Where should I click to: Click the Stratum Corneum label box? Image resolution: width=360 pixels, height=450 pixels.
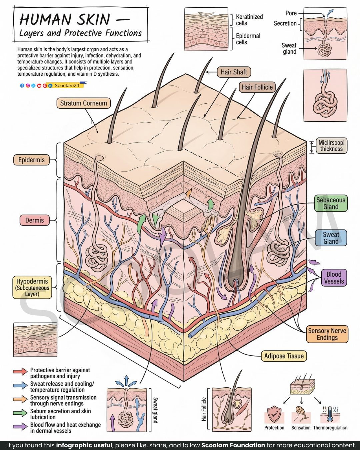pyautogui.click(x=83, y=103)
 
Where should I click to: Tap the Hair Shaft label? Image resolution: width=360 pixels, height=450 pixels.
pyautogui.click(x=234, y=72)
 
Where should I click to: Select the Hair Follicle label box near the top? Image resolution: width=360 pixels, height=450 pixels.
pyautogui.click(x=257, y=87)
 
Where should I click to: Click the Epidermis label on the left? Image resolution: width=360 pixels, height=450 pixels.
pyautogui.click(x=31, y=160)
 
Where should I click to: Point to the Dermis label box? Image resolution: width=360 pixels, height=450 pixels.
pyautogui.click(x=35, y=220)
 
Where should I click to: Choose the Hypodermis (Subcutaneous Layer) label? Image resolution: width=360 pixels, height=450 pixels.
pyautogui.click(x=32, y=288)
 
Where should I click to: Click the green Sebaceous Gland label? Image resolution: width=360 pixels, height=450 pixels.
pyautogui.click(x=331, y=203)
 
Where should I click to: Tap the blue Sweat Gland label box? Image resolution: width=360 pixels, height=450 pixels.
pyautogui.click(x=331, y=238)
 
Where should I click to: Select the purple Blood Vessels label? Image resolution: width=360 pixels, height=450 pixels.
pyautogui.click(x=334, y=277)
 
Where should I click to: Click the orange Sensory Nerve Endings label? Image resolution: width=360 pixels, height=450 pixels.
pyautogui.click(x=327, y=334)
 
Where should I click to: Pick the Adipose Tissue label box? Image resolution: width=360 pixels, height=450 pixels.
pyautogui.click(x=284, y=356)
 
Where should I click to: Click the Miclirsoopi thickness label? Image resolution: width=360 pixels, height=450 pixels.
pyautogui.click(x=331, y=146)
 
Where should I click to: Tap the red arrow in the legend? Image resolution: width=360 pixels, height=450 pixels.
pyautogui.click(x=20, y=371)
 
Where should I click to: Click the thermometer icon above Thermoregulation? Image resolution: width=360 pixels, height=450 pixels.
pyautogui.click(x=330, y=414)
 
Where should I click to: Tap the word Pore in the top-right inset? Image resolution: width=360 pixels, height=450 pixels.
pyautogui.click(x=291, y=13)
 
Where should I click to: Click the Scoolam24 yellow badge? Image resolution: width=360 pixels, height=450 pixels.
pyautogui.click(x=65, y=85)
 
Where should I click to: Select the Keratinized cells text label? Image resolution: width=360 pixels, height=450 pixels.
pyautogui.click(x=249, y=20)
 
